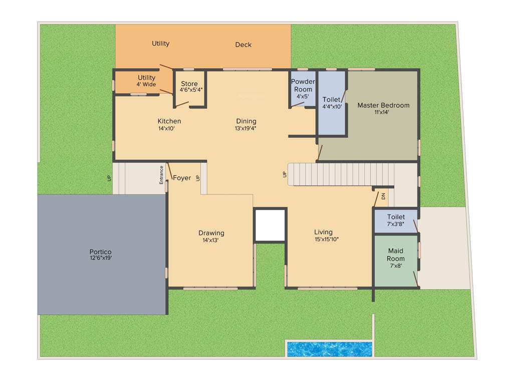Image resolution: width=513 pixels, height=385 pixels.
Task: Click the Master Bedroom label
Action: (383, 105)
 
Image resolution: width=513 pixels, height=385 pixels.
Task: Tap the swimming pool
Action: (329, 349)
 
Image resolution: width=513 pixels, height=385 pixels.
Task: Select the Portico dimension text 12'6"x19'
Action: (100, 258)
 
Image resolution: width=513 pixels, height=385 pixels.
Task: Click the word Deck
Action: (243, 45)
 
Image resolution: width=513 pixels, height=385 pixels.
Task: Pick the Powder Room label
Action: (303, 85)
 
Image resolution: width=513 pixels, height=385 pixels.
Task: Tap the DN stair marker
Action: (383, 197)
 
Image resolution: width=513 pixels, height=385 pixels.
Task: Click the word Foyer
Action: (182, 177)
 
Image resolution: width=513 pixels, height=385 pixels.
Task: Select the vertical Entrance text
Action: (161, 175)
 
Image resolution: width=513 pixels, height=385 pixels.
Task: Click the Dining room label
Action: (246, 121)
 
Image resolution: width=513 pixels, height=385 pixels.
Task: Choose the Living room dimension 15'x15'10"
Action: (323, 239)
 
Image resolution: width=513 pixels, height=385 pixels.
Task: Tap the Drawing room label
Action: (211, 233)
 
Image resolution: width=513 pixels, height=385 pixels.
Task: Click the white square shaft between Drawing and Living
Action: (270, 225)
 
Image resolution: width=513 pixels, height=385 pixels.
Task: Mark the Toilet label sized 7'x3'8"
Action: (396, 217)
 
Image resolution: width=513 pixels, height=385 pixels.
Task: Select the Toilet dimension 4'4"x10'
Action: (332, 106)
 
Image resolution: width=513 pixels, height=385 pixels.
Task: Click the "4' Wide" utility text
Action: (146, 84)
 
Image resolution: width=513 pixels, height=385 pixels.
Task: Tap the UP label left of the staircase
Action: (285, 174)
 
